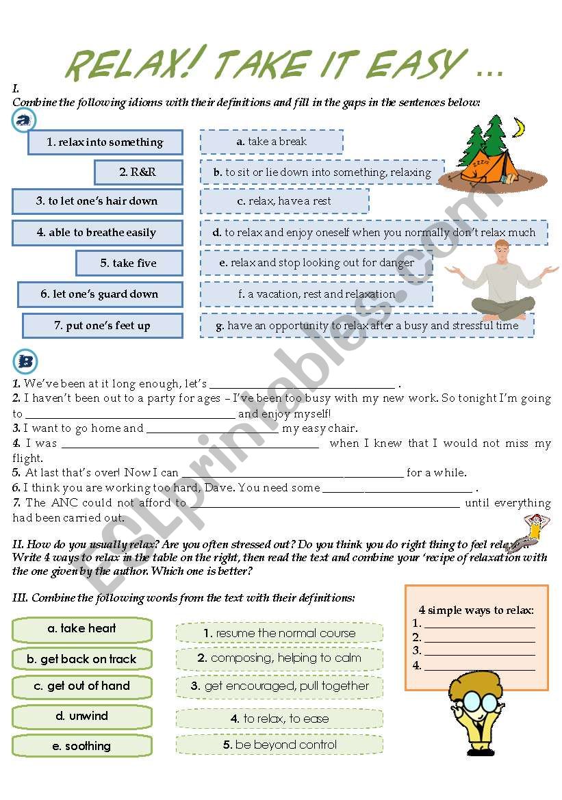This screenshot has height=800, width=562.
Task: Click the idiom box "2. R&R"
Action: pos(138,172)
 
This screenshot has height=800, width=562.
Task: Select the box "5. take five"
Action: pos(129,263)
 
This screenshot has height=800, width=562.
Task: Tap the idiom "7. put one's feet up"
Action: pos(103,326)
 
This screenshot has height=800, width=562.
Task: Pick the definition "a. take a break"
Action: pos(272,142)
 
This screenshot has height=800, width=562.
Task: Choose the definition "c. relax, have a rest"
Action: pos(284,201)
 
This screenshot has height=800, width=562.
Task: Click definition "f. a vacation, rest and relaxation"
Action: pos(316,294)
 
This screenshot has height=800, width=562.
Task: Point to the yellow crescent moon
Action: pos(520,127)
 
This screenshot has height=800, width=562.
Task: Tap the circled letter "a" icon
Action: pos(25,121)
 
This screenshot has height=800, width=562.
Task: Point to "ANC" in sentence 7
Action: pos(65,503)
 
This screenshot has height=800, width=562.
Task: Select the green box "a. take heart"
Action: pos(82,629)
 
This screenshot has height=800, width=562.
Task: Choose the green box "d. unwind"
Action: pos(82,717)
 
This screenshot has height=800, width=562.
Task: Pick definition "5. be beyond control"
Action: pos(279,745)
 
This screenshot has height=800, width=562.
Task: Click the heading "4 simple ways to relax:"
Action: pos(476,610)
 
